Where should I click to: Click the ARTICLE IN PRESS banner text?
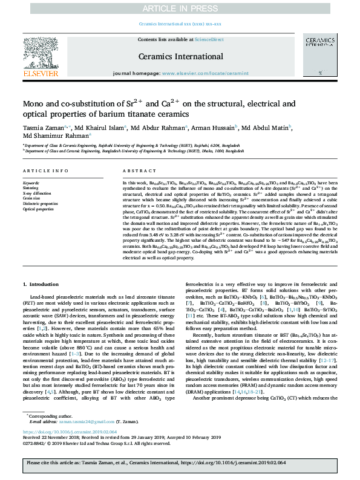tap(180, 8)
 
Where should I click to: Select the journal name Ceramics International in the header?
tap(180, 56)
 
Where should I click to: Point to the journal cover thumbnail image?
tap(318, 57)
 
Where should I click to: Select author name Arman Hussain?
tap(219, 128)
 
